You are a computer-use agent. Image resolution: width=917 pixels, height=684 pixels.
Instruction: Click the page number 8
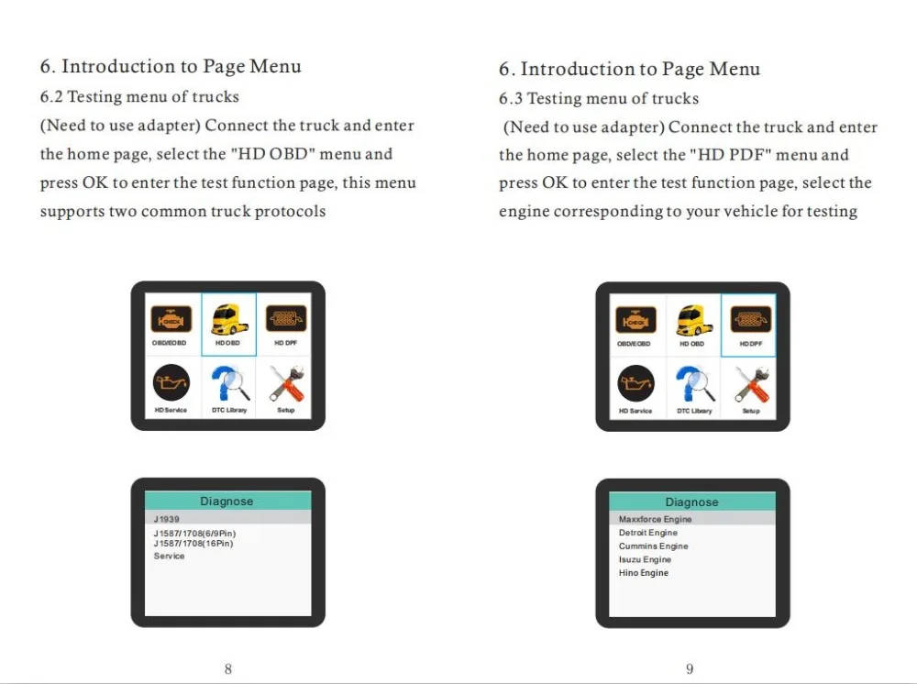(228, 668)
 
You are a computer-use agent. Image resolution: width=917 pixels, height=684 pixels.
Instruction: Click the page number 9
(690, 668)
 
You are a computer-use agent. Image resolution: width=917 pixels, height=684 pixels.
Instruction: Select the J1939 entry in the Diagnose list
(167, 519)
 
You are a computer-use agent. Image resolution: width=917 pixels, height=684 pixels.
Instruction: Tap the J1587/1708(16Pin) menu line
(193, 544)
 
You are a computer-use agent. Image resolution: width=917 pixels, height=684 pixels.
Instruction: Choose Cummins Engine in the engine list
(653, 546)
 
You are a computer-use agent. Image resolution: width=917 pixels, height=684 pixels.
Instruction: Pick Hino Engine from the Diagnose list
(644, 573)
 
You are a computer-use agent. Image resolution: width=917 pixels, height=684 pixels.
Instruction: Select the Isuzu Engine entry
(645, 559)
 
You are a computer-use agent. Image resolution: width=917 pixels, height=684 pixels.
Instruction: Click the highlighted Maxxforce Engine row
(655, 519)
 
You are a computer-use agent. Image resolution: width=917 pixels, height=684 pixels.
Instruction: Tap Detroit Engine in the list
(648, 533)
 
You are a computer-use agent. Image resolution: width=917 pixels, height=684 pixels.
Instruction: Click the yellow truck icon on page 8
(229, 320)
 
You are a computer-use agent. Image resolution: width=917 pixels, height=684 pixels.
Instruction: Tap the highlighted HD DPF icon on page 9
(750, 320)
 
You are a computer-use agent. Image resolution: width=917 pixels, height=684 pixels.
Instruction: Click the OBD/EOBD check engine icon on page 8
(171, 319)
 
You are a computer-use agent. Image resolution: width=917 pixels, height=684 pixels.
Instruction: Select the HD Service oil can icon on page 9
(635, 383)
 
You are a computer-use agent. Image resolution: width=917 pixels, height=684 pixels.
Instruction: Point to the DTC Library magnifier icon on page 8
(230, 383)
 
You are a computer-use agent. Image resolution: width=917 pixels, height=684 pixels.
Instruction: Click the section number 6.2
(51, 96)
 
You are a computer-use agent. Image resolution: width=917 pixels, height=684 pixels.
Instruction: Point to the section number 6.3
(511, 98)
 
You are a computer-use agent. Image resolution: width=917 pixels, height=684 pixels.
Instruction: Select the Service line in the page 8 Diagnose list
(169, 556)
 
